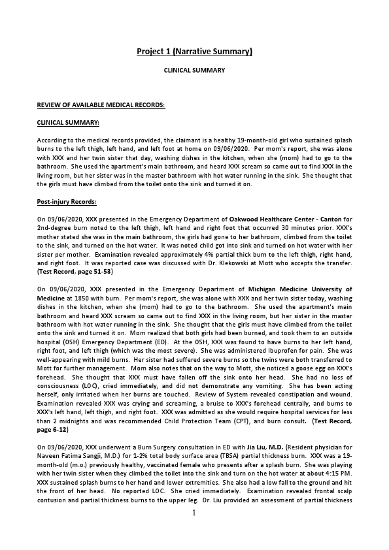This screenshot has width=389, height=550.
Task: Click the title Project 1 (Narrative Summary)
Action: (x=194, y=52)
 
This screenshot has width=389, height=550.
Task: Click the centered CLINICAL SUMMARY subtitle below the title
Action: (x=194, y=70)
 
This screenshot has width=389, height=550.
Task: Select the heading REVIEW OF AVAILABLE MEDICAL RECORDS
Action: (x=101, y=105)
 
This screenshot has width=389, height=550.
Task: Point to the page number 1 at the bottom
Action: (x=194, y=531)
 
